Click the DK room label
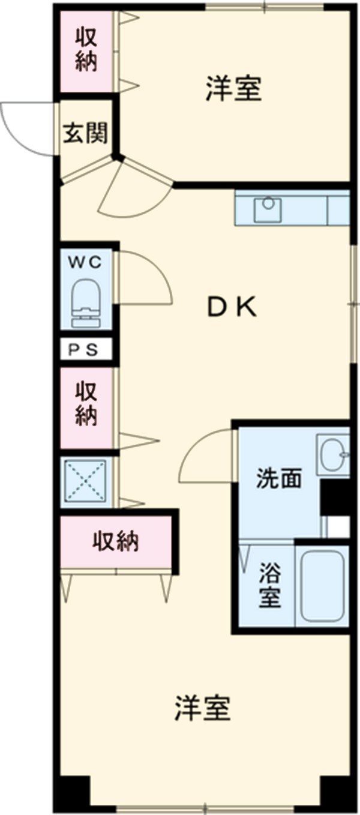232,308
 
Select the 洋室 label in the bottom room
202,709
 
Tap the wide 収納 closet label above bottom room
115,541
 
